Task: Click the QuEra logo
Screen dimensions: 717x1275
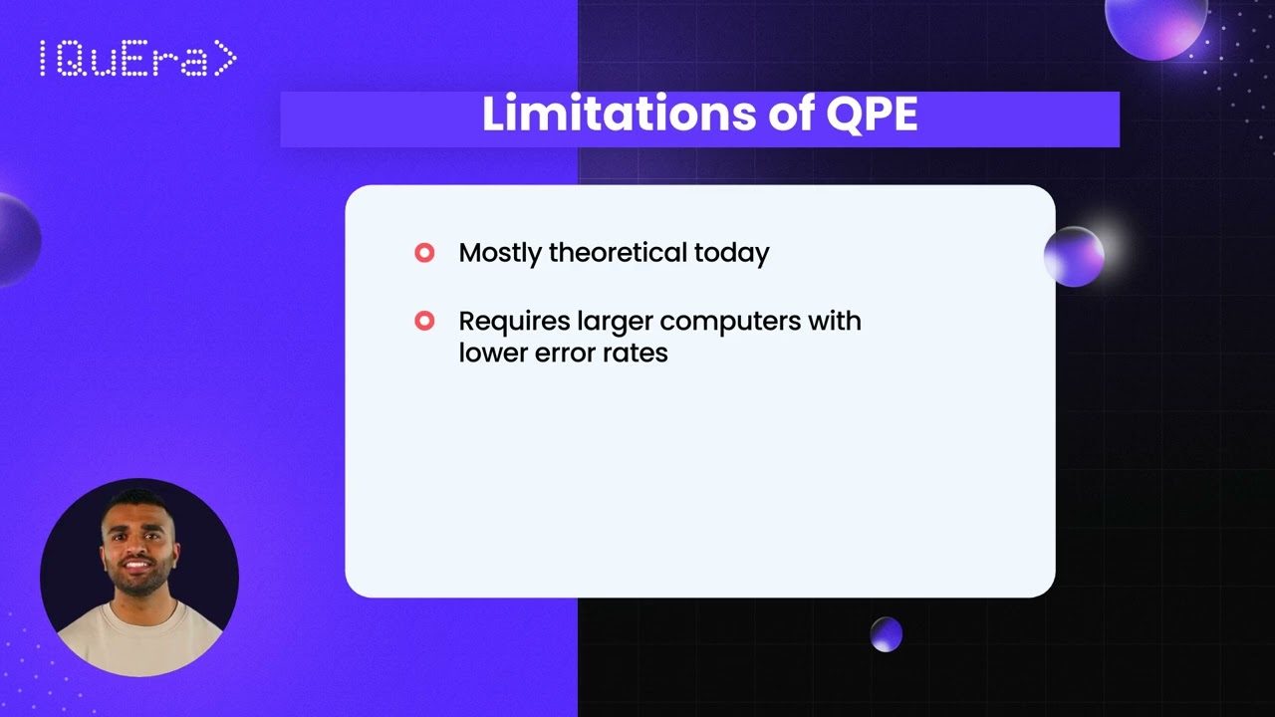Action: [137, 60]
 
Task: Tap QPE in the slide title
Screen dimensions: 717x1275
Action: [872, 115]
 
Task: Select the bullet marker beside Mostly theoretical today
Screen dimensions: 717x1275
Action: [424, 253]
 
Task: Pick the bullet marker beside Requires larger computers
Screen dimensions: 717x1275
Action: [424, 321]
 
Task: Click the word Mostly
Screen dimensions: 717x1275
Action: [500, 253]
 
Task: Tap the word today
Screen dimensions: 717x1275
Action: [732, 253]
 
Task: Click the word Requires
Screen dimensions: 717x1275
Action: [514, 321]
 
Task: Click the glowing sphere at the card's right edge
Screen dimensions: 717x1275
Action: [1074, 257]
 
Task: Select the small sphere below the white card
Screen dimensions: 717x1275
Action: [886, 634]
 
